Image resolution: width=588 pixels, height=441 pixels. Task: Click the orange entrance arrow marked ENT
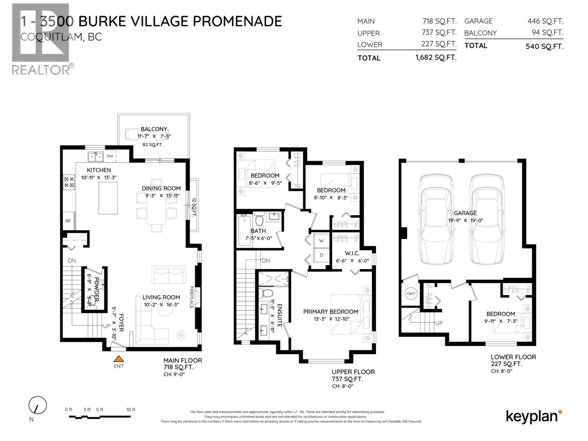(x=118, y=359)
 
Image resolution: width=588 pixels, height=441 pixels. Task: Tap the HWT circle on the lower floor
(x=411, y=294)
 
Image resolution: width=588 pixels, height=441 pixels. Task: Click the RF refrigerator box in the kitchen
(x=68, y=221)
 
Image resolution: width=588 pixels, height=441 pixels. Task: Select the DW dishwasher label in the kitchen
(x=110, y=156)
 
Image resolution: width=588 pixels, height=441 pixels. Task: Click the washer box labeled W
(x=322, y=241)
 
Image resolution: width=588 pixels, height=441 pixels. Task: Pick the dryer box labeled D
(x=322, y=255)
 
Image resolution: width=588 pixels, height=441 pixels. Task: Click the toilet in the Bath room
(x=259, y=220)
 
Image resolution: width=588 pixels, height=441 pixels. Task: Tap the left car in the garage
(x=436, y=219)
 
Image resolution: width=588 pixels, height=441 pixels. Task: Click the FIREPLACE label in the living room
(x=191, y=297)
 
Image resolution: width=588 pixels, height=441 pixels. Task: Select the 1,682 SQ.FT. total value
(x=436, y=58)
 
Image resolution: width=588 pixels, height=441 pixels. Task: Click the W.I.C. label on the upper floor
(x=352, y=253)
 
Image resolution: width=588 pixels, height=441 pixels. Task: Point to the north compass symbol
(x=37, y=406)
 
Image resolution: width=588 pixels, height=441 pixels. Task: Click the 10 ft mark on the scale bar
(x=131, y=409)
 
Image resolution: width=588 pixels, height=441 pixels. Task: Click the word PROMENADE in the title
(x=237, y=21)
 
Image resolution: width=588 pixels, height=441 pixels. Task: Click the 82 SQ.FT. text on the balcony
(x=153, y=145)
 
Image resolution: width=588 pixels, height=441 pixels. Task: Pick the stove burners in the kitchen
(x=69, y=182)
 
